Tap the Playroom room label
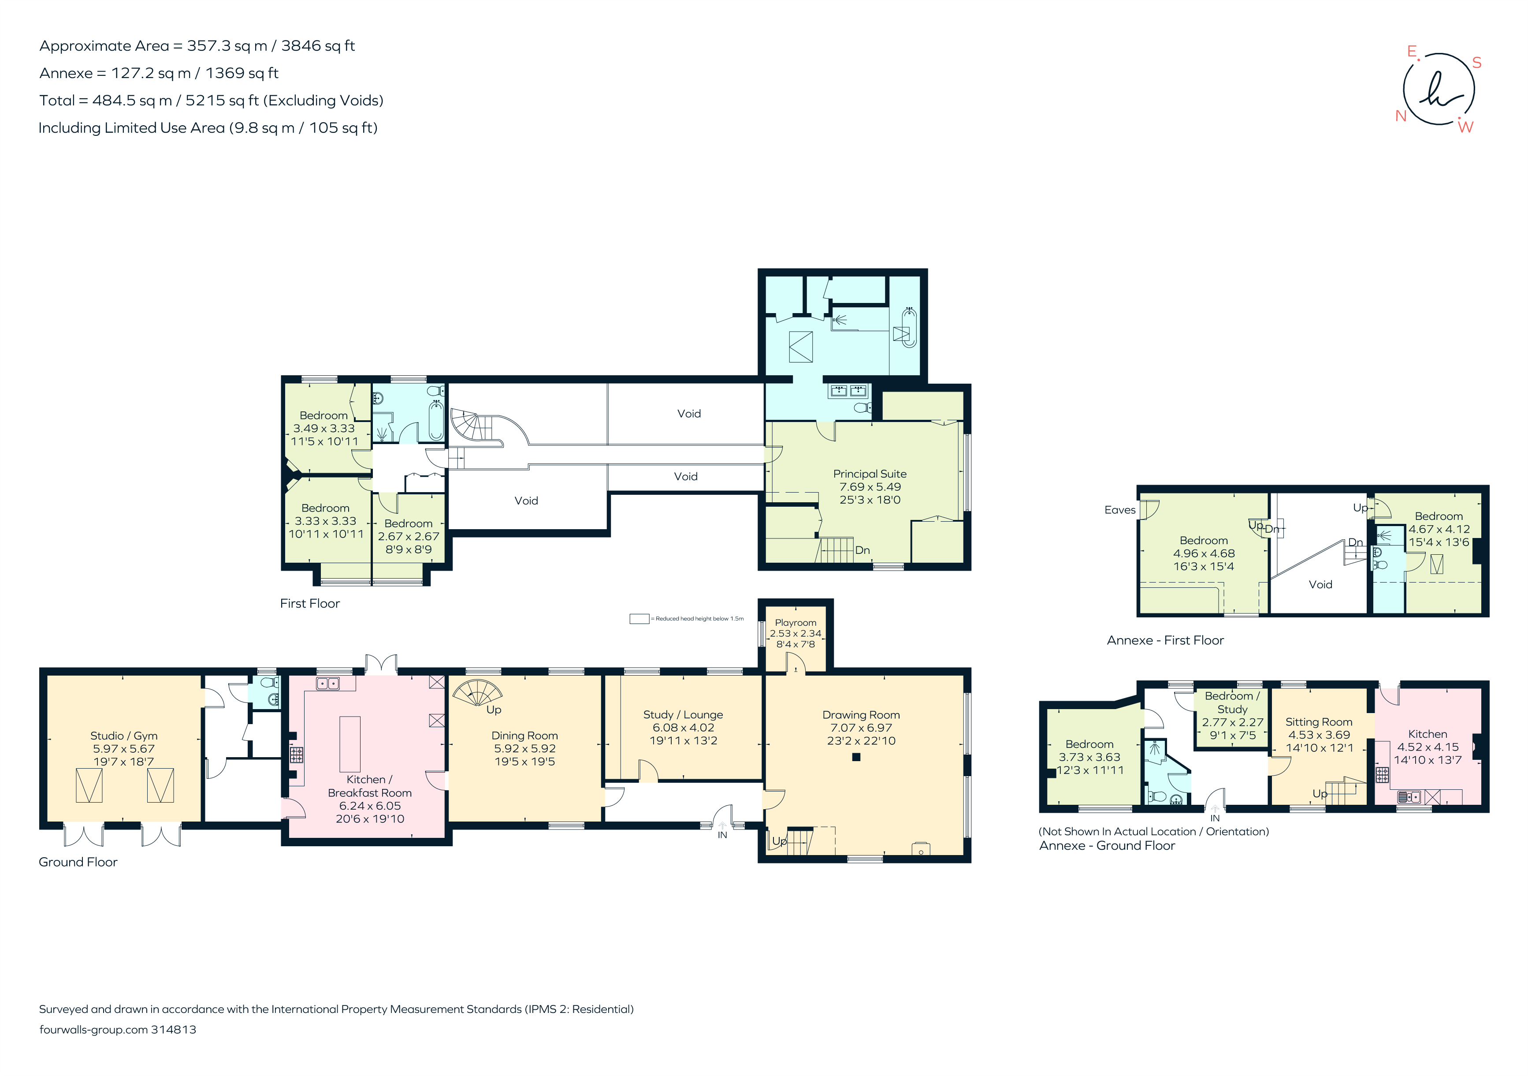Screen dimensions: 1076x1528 [795, 623]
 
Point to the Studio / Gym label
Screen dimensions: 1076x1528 [124, 735]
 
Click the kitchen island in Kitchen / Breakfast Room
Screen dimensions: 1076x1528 [350, 744]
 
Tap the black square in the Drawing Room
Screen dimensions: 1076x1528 [856, 757]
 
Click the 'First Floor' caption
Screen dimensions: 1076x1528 [309, 603]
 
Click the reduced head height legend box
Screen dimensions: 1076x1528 [639, 619]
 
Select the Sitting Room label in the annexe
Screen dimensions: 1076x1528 [1318, 722]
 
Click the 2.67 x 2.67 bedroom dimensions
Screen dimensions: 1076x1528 [409, 537]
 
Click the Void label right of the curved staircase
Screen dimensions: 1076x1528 [689, 414]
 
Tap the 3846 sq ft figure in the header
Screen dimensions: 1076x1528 [318, 46]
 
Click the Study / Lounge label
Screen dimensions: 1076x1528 [683, 714]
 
